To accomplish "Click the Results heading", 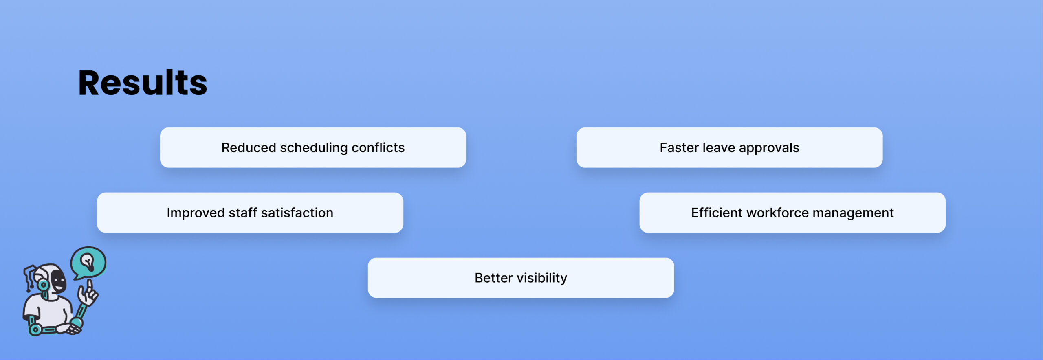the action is (143, 83).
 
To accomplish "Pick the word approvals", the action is (769, 148).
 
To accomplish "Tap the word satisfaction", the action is (297, 213).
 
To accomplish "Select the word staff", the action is (243, 213).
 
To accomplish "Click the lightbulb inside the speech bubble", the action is (88, 261).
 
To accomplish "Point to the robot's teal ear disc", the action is (43, 285).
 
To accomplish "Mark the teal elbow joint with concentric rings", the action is (35, 329).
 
